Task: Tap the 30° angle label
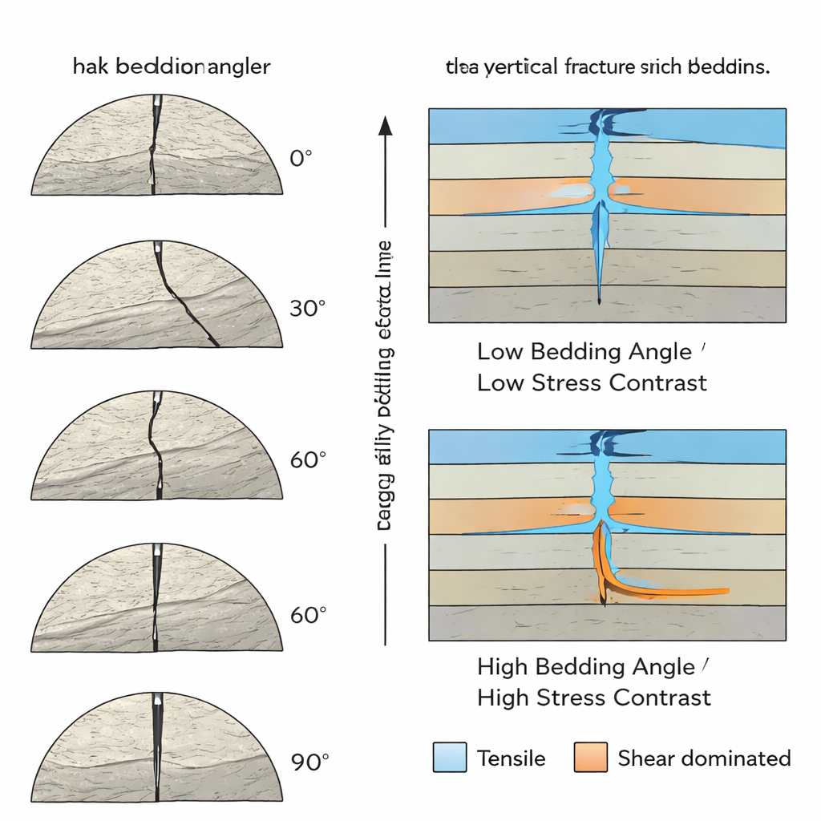[306, 309]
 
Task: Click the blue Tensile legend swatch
[449, 758]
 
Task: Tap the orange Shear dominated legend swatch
[590, 758]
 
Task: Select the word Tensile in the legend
[511, 758]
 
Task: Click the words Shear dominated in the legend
[704, 758]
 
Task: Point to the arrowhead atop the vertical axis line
[386, 125]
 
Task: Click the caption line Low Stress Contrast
[592, 382]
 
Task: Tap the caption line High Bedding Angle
[586, 667]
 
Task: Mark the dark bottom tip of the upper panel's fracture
[600, 301]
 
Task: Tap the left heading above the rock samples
[172, 67]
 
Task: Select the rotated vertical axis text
[384, 385]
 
